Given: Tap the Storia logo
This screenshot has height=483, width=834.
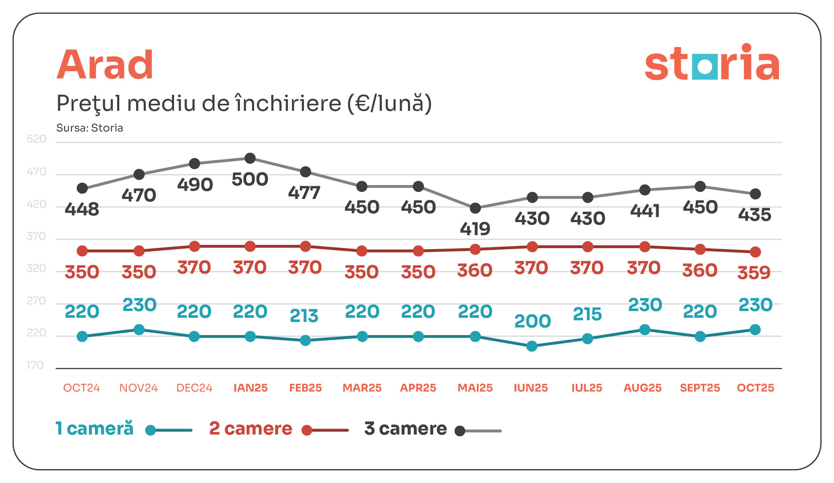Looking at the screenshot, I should pos(712,63).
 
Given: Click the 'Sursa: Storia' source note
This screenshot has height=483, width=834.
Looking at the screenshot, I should pos(90,128).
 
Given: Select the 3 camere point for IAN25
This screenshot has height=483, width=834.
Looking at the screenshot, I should pos(250,158).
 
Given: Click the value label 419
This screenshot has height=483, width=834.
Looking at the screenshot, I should pos(475,229).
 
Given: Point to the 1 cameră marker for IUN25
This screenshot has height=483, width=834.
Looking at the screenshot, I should pos(532,346).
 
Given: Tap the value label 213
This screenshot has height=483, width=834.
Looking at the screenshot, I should pos(304,316).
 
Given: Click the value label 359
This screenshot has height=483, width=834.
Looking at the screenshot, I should pos(754,273).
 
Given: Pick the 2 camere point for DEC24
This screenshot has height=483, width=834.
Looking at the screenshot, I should pos(194,246).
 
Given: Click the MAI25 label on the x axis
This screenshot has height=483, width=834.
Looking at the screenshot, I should pos(475,388).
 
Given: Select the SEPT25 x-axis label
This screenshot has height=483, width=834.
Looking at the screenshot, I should pos(700,388).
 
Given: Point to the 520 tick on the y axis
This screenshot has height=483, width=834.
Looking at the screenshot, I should pos(37,139).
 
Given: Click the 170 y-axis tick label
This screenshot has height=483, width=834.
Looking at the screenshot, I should pos(35,365).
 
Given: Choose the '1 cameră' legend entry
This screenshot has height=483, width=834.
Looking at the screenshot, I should pos(95,429).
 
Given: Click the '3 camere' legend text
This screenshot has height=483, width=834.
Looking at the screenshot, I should pos(405,429).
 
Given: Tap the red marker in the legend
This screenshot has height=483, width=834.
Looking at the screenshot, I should pos(307,430).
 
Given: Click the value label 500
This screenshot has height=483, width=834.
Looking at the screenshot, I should pos(250,180).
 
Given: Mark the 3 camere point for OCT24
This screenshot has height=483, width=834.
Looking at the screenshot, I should pos(82,188).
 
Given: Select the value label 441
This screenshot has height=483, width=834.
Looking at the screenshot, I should pos(644,211).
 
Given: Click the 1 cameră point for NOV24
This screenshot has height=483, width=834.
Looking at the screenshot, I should pos(139,330).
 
